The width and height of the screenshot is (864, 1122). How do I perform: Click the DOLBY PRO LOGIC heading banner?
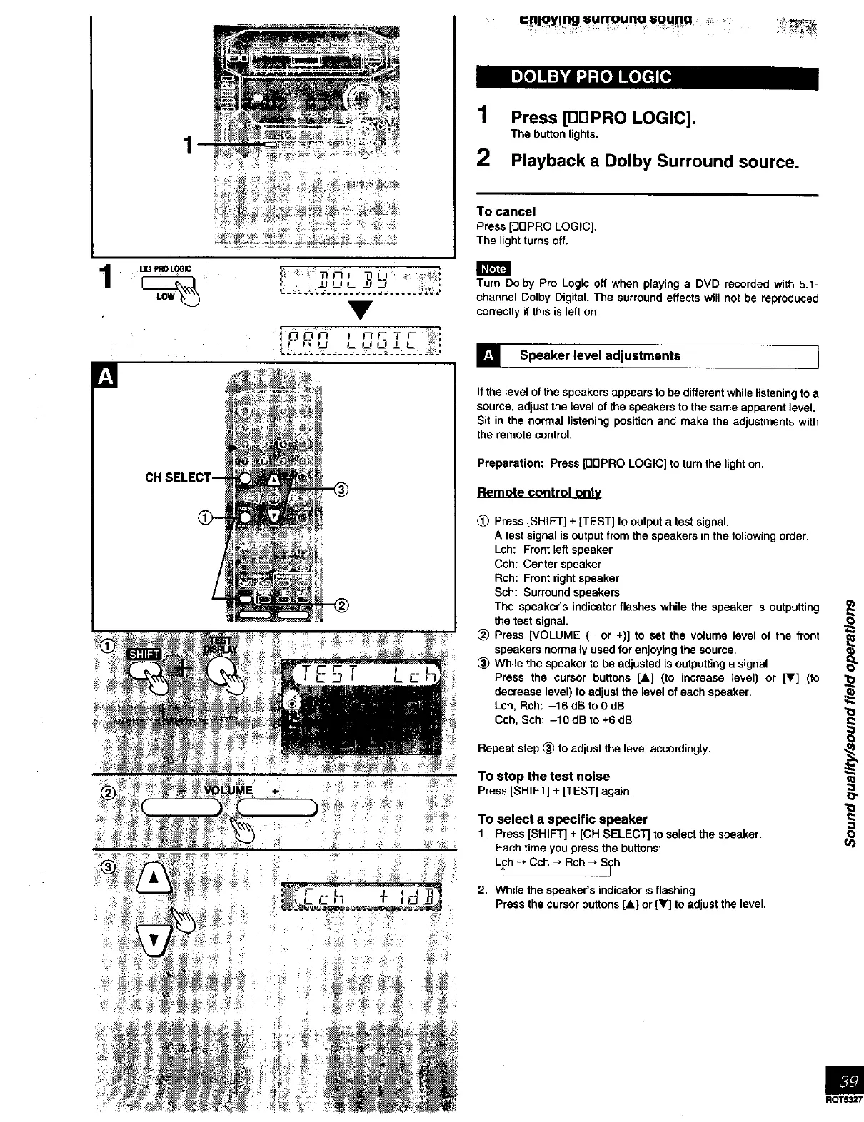[x=646, y=77]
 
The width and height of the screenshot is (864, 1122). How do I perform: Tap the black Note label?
[x=493, y=268]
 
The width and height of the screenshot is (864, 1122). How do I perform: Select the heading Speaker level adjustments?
[x=600, y=355]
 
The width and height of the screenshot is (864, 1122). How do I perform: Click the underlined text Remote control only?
[x=538, y=492]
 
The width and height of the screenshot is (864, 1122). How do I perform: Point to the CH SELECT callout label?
[x=178, y=477]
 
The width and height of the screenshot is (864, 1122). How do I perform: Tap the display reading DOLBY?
[x=361, y=280]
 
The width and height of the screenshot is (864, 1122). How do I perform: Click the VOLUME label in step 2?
[x=228, y=790]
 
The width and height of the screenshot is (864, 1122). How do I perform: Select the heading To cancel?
[x=506, y=211]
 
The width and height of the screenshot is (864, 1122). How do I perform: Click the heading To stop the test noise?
[x=543, y=776]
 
